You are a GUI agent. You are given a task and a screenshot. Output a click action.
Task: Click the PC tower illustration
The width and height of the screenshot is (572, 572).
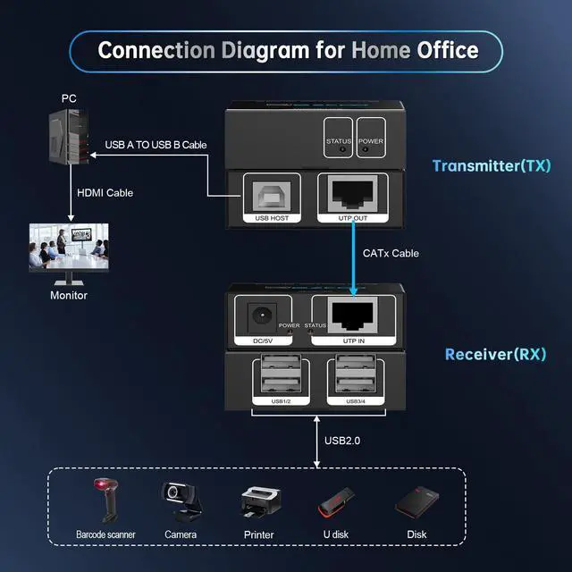[69, 137]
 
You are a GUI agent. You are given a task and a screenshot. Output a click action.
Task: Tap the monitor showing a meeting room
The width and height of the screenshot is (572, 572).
[69, 254]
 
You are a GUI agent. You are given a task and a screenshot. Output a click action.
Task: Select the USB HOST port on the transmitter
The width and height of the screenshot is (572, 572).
[272, 197]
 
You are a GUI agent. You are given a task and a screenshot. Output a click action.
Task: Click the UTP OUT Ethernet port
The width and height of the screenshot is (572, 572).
[353, 194]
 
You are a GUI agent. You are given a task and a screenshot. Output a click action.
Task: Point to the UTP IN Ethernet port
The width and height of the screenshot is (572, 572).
[353, 315]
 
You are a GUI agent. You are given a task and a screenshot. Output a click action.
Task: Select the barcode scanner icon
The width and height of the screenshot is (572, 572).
[105, 500]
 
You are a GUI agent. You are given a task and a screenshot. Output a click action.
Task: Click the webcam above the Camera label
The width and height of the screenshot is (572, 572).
[181, 501]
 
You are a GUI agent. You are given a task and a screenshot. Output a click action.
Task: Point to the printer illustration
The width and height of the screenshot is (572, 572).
[260, 502]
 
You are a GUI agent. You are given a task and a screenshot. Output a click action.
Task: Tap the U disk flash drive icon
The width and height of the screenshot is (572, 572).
[336, 502]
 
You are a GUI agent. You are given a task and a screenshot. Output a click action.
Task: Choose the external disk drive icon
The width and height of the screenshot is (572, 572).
[417, 502]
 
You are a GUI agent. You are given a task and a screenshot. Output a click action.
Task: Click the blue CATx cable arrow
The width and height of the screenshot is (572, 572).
[353, 258]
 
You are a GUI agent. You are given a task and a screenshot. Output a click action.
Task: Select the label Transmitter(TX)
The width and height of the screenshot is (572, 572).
[492, 166]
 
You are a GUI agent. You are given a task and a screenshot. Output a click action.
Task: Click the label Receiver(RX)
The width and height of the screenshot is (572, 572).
[495, 354]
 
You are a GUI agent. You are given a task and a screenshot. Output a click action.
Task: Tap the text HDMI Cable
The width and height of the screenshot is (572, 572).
[105, 193]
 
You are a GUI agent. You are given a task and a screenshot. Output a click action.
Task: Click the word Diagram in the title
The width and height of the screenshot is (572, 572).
[265, 50]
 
